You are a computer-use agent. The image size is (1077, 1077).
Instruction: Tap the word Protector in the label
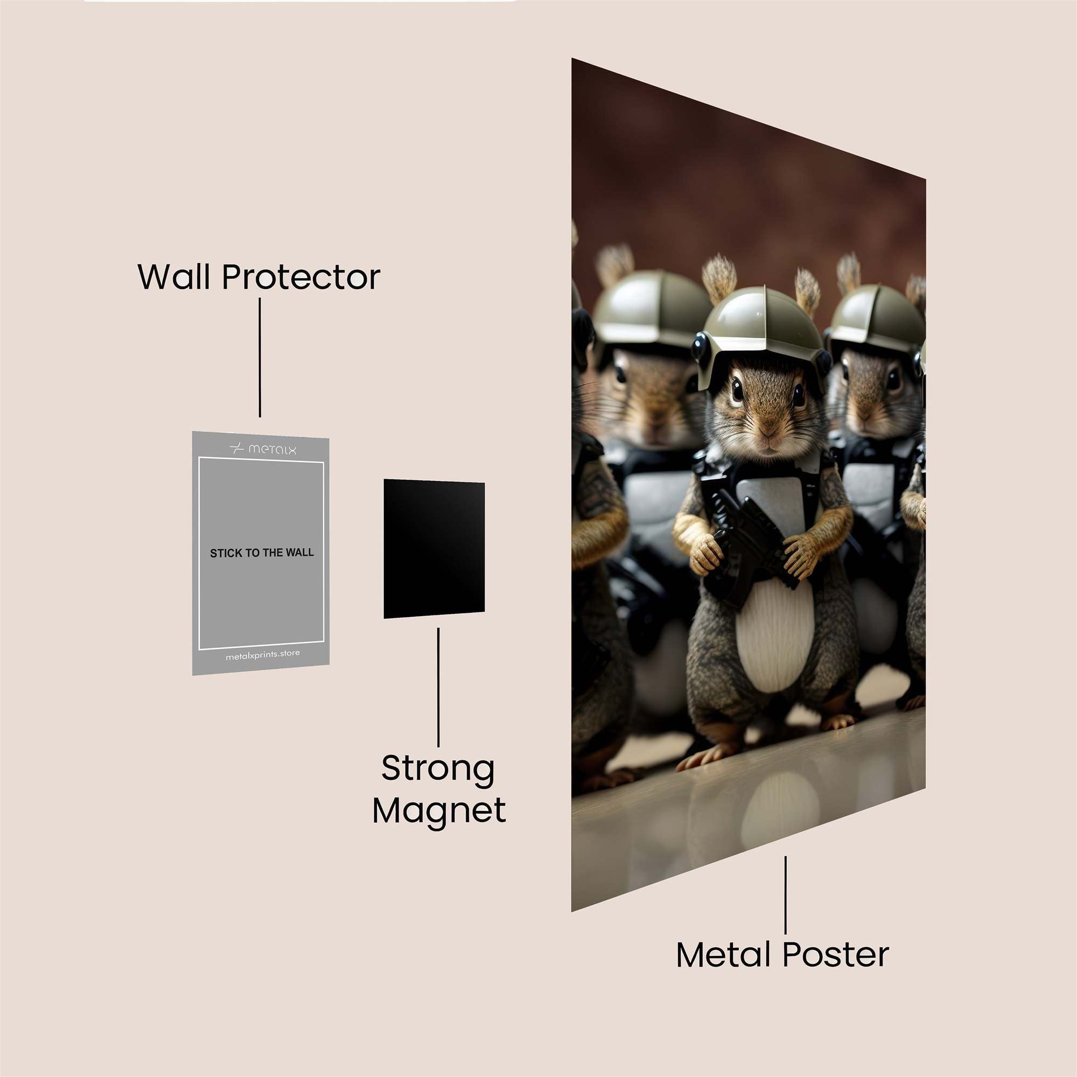[301, 277]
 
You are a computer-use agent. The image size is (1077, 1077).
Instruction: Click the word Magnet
[439, 810]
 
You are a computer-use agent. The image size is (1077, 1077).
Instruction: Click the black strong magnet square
[433, 549]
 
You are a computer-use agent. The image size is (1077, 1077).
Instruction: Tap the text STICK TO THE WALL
[262, 553]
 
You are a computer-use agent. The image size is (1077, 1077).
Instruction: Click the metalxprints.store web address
[263, 655]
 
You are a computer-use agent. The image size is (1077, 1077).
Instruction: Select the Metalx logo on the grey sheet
[263, 449]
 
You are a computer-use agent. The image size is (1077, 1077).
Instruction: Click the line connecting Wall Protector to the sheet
[260, 358]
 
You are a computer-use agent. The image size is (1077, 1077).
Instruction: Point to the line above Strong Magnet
[438, 687]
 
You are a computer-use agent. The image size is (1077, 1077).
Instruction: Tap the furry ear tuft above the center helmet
[719, 279]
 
